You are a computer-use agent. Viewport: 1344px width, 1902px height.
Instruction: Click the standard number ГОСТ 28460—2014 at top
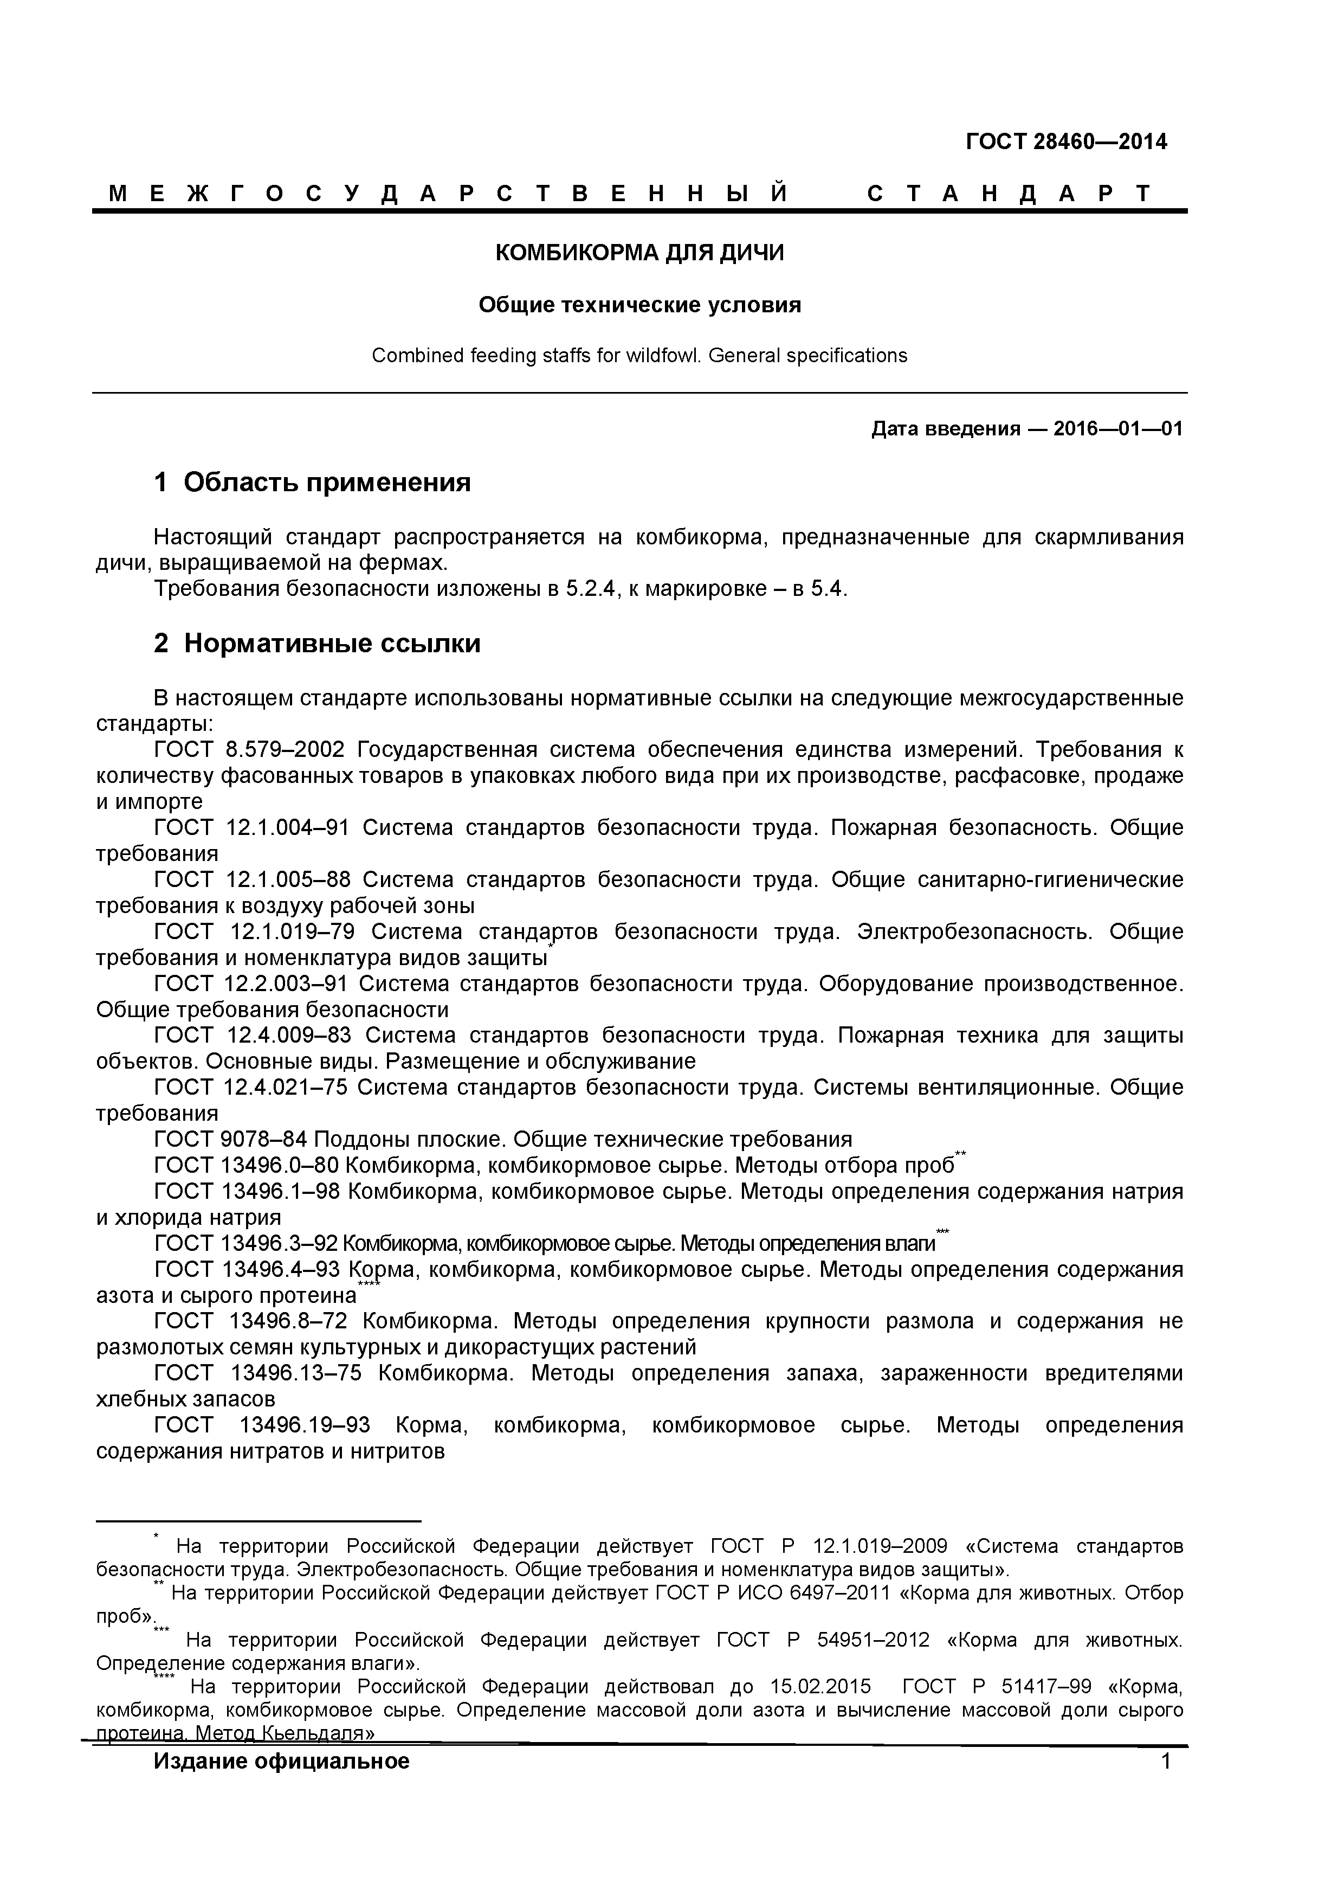coord(1066,142)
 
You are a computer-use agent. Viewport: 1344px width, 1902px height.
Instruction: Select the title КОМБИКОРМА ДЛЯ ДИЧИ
coord(639,253)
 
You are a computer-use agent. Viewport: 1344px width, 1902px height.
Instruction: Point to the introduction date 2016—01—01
coord(1118,429)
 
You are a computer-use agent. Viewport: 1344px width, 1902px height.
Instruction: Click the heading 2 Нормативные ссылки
coord(316,644)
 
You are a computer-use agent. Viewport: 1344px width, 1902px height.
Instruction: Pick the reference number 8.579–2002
coord(284,750)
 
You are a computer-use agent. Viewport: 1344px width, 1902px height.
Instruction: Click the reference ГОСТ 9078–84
coord(230,1140)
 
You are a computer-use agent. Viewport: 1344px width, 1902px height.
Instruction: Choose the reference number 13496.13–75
coord(296,1373)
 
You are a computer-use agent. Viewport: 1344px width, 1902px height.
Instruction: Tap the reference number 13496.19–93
coord(304,1425)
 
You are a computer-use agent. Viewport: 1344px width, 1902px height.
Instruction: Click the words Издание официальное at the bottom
coord(282,1761)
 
